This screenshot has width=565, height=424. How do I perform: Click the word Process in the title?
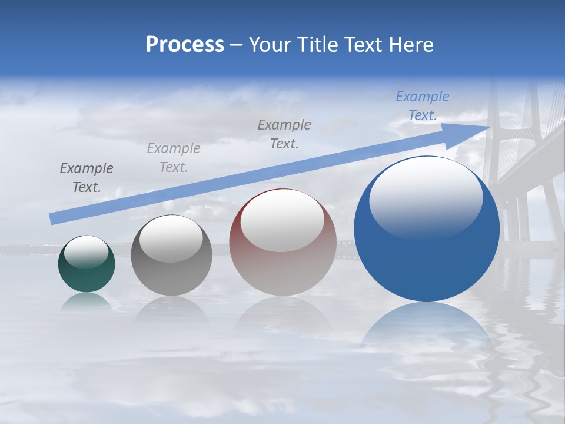pos(185,45)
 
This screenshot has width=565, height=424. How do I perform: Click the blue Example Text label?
pos(423,106)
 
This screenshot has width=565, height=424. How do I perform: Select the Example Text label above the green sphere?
pos(87,178)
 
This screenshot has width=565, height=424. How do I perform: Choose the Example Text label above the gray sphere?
pos(174,158)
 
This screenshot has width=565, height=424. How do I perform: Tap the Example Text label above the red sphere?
pos(284,134)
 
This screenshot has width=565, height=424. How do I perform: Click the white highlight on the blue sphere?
pos(426,197)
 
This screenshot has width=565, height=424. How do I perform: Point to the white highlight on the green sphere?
pos(87,252)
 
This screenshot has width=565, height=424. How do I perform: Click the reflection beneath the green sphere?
pos(87,302)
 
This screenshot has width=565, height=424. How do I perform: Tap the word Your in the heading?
pos(270,45)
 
